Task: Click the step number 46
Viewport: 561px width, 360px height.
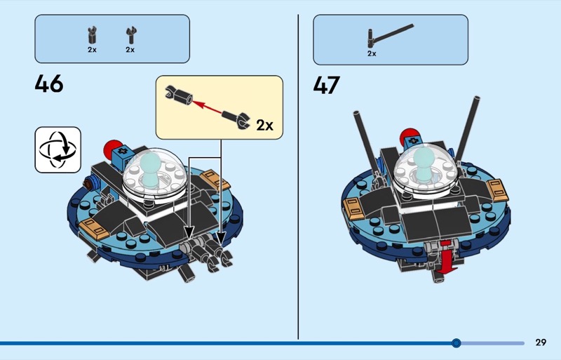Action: click(49, 84)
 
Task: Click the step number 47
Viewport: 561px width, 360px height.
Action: click(327, 86)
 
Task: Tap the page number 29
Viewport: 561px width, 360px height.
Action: click(540, 342)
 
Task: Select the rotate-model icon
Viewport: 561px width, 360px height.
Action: click(58, 149)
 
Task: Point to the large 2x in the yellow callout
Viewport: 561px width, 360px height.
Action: click(264, 125)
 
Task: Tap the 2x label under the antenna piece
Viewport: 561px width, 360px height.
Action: click(372, 53)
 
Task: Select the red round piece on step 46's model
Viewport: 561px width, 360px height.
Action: click(111, 149)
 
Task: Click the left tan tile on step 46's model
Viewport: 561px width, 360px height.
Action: click(94, 227)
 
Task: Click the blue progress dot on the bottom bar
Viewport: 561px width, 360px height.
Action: click(457, 343)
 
